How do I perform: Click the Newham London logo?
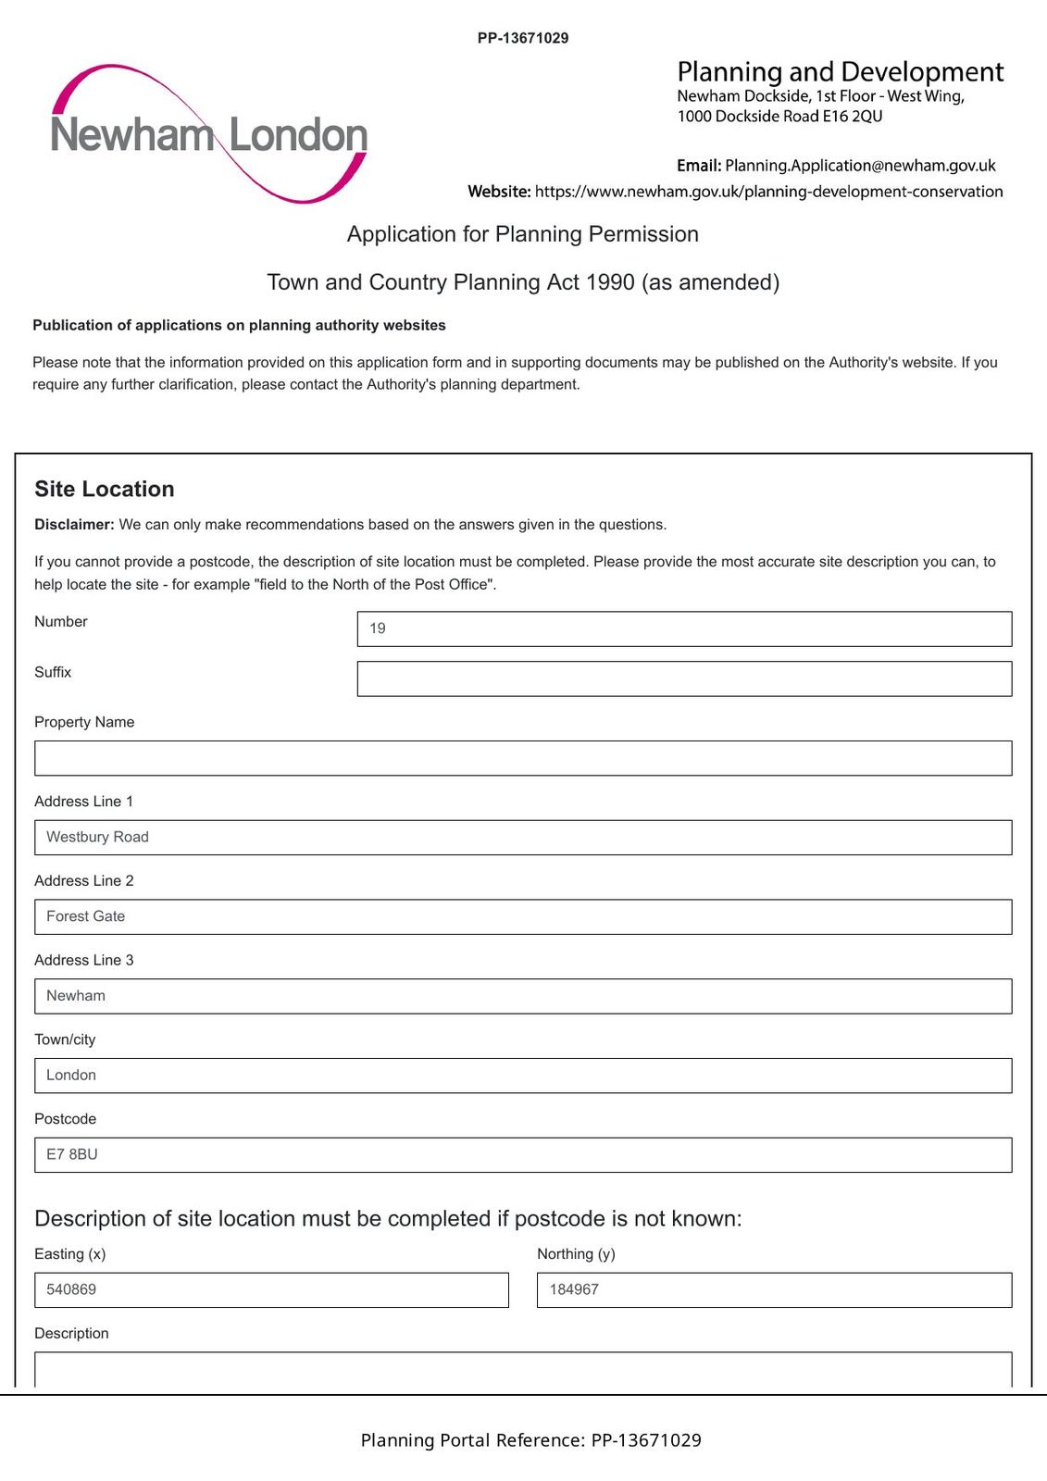click(209, 134)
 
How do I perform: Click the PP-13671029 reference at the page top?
click(523, 38)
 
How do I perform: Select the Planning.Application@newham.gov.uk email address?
click(860, 166)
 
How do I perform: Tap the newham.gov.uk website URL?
click(768, 192)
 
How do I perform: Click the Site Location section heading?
click(105, 489)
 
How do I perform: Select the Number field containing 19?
click(684, 628)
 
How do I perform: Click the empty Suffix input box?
click(684, 678)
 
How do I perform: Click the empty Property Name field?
click(523, 758)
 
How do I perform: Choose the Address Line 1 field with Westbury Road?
click(523, 838)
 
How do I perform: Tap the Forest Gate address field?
click(523, 916)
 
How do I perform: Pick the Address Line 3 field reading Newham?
click(523, 996)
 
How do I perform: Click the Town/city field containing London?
click(523, 1076)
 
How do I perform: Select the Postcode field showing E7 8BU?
click(523, 1155)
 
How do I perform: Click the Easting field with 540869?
click(271, 1290)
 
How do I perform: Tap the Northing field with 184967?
click(774, 1290)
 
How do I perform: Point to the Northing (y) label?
click(576, 1254)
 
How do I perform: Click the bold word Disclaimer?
click(74, 525)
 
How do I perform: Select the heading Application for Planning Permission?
click(523, 234)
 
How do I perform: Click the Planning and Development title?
click(840, 72)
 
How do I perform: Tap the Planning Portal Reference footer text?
click(530, 1440)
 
